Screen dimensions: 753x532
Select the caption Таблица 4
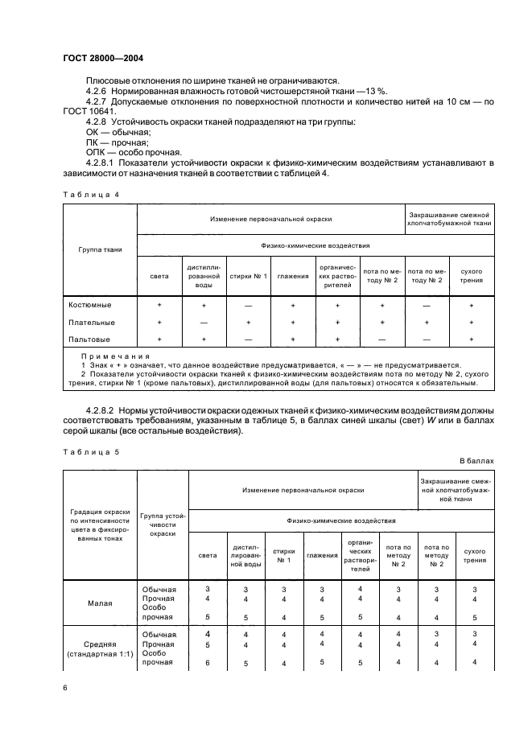pos(89,193)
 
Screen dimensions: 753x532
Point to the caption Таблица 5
pos(89,451)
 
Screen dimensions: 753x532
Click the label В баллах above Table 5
pos(476,461)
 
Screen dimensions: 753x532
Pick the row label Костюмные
pos(90,305)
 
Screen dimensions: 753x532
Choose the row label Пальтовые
pos(89,339)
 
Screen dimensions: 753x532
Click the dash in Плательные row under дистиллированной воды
pos(204,322)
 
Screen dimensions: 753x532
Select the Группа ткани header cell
pos(101,249)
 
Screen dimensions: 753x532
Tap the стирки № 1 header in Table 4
pos(248,276)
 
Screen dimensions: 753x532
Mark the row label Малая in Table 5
pos(100,603)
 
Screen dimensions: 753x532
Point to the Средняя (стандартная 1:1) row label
pos(100,649)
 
